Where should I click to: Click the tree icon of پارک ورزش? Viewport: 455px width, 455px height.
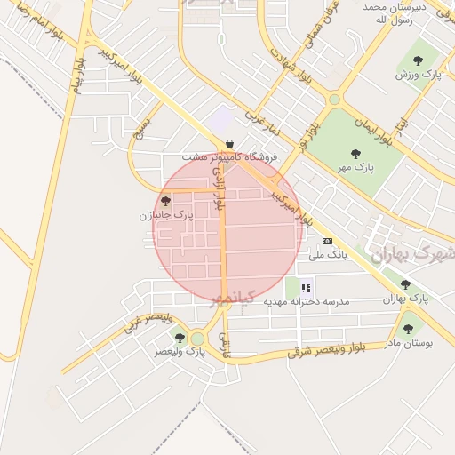click(x=418, y=61)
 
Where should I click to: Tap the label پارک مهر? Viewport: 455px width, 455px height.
click(x=356, y=166)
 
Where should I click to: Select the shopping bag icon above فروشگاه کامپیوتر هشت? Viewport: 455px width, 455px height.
click(x=230, y=142)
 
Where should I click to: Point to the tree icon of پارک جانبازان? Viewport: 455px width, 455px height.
click(x=165, y=201)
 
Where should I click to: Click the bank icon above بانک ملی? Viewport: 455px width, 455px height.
click(x=327, y=241)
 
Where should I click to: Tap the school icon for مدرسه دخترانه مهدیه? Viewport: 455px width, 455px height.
click(x=307, y=287)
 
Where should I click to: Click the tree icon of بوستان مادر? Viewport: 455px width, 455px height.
click(x=408, y=329)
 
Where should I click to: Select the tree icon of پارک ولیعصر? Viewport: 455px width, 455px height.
click(x=180, y=338)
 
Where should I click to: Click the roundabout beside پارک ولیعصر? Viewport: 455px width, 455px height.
click(x=197, y=339)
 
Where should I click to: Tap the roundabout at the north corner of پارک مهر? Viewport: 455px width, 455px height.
click(x=334, y=100)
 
